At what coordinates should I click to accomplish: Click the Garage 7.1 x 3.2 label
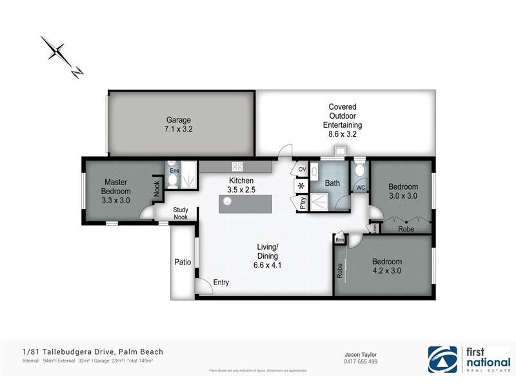click(x=179, y=124)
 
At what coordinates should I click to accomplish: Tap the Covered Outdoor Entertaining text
click(x=342, y=121)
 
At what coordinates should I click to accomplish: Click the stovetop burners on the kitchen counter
click(x=237, y=166)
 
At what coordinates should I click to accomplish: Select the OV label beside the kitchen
click(x=302, y=169)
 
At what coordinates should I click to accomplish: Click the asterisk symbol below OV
click(x=301, y=186)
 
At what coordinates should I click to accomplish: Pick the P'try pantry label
click(x=301, y=203)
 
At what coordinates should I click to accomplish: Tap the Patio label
click(x=183, y=263)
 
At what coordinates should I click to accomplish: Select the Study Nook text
click(x=180, y=213)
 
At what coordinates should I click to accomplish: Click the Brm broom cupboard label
click(x=339, y=240)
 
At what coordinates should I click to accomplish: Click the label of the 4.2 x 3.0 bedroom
click(x=386, y=266)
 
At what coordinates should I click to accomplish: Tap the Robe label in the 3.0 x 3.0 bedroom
click(x=406, y=228)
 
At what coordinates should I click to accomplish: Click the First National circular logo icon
click(x=444, y=359)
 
